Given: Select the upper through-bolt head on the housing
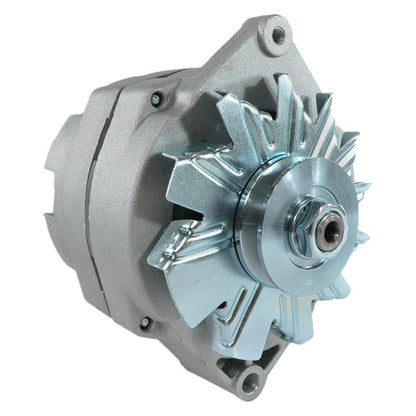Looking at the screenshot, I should (157, 98).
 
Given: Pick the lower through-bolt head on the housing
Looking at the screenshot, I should (146, 323).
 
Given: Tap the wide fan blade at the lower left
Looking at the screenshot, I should (185, 260).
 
